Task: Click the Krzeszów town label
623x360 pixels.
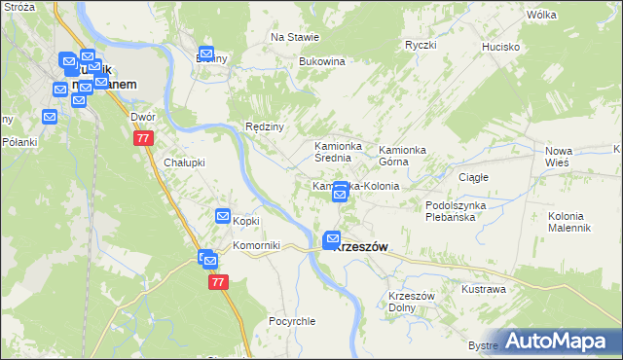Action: coord(361,247)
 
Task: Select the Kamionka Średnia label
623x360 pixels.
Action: coord(338,152)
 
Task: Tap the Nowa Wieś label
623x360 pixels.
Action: coord(558,157)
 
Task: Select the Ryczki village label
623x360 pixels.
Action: coord(421,45)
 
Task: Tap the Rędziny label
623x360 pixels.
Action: coord(264,126)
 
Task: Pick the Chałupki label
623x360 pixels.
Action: coord(184,162)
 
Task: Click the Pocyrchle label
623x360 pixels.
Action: coord(290,320)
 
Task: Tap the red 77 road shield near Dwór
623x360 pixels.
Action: coord(143,139)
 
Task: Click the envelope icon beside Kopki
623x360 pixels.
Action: coord(223,216)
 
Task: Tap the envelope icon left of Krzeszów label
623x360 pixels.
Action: coord(332,239)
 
